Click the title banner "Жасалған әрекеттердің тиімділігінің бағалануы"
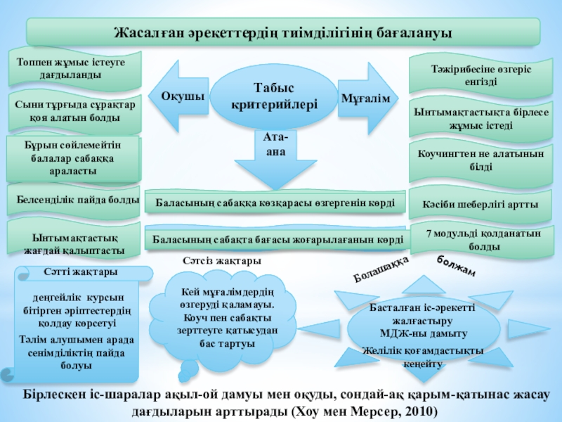pyautogui.click(x=282, y=32)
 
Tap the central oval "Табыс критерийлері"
pyautogui.click(x=274, y=96)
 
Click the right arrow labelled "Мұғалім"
pyautogui.click(x=365, y=97)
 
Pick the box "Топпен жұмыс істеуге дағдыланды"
pyautogui.click(x=74, y=68)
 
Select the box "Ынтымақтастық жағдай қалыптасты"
pyautogui.click(x=74, y=239)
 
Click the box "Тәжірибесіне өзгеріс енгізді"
pyautogui.click(x=481, y=75)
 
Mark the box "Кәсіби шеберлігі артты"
pyautogui.click(x=481, y=204)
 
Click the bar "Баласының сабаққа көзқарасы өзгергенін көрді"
pyautogui.click(x=275, y=203)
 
